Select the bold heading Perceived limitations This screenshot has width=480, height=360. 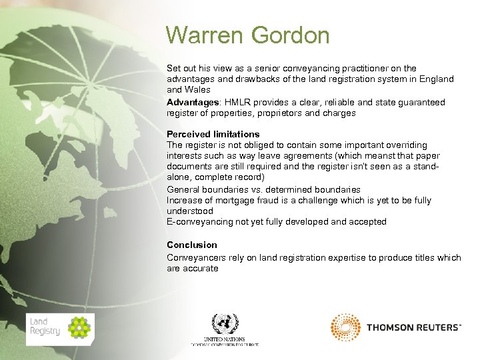click(213, 134)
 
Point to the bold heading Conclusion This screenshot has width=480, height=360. click(191, 245)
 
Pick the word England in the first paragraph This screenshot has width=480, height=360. click(436, 79)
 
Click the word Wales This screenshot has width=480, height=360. click(198, 89)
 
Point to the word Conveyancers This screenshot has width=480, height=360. click(195, 257)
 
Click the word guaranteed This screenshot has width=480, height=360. click(421, 103)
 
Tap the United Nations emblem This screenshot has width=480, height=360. click(225, 325)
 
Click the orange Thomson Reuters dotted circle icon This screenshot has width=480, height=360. click(345, 327)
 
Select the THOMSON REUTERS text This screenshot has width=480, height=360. click(413, 327)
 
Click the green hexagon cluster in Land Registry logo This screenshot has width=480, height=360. click(79, 328)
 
